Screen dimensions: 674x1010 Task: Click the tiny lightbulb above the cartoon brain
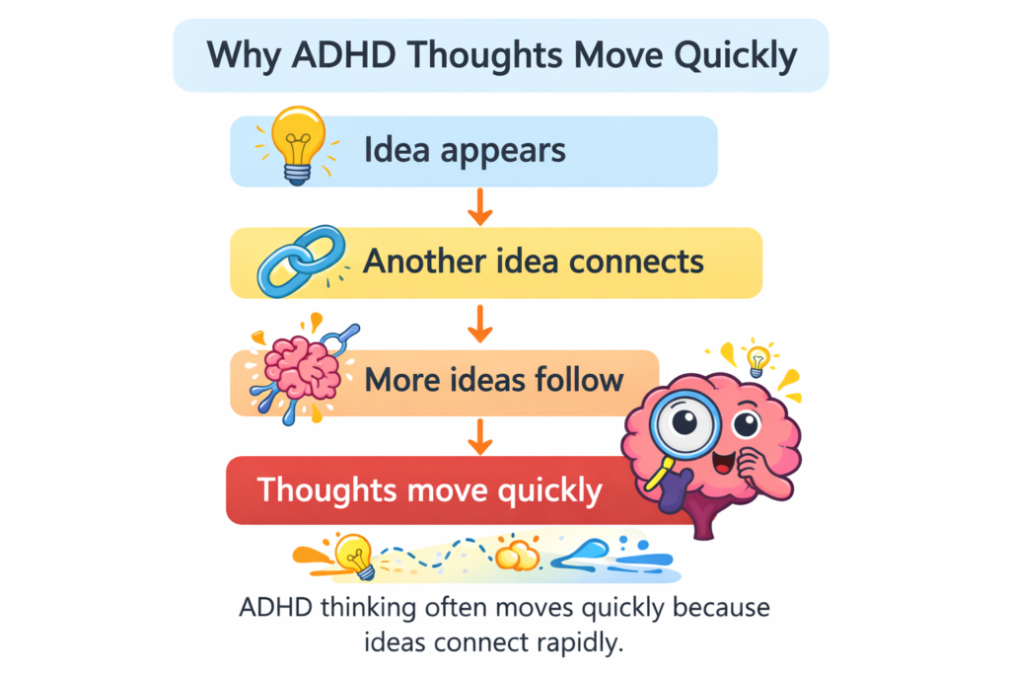[x=757, y=359]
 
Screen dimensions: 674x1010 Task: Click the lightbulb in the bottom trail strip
[x=353, y=555]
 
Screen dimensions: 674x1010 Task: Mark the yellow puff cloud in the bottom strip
[x=517, y=556]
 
